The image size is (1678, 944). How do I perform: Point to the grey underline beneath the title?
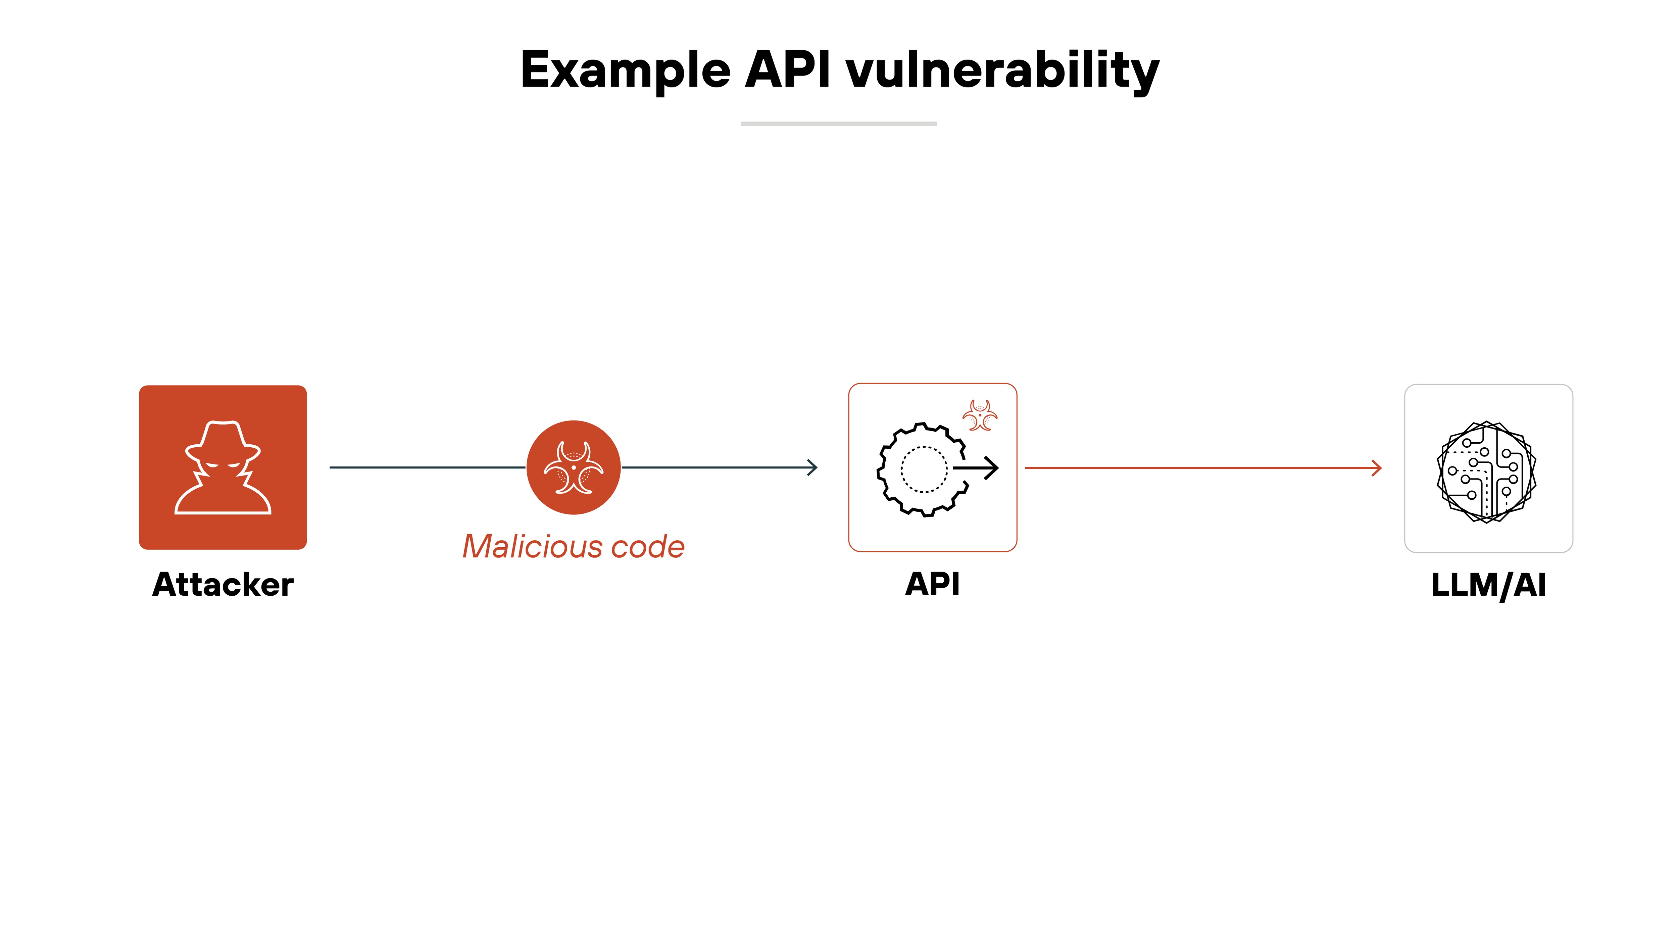tap(838, 123)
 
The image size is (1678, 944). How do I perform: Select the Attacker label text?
tap(223, 584)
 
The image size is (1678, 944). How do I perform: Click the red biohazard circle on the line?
tap(573, 467)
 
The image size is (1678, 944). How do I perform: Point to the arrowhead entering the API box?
tap(812, 467)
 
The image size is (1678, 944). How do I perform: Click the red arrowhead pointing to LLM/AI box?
tap(1376, 468)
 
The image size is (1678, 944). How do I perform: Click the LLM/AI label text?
tap(1488, 585)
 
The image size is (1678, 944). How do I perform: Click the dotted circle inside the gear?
tap(924, 469)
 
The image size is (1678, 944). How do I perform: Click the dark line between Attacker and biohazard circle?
tap(427, 467)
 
